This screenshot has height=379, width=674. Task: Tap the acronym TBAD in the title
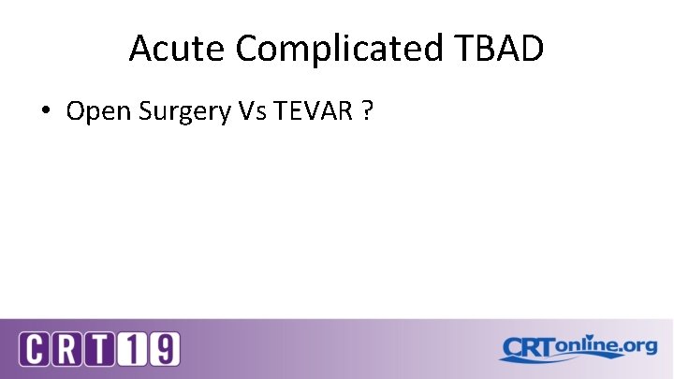point(501,49)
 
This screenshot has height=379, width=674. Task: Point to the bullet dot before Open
point(45,112)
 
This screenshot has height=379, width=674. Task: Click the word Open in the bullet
point(99,111)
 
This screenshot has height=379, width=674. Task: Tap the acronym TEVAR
point(310,111)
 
